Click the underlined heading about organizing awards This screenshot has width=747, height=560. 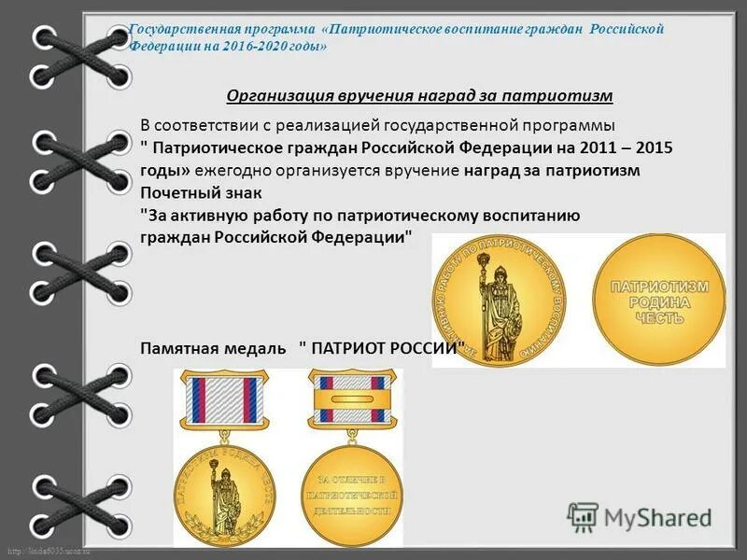coord(419,95)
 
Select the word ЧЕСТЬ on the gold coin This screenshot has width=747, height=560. coord(659,318)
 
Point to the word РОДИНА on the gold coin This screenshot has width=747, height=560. coord(660,302)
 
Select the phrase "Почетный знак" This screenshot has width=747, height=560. coord(202,193)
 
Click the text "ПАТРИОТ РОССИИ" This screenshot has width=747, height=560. coord(382,348)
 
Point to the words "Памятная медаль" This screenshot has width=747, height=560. coord(213,348)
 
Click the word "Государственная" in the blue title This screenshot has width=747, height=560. coord(177,29)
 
